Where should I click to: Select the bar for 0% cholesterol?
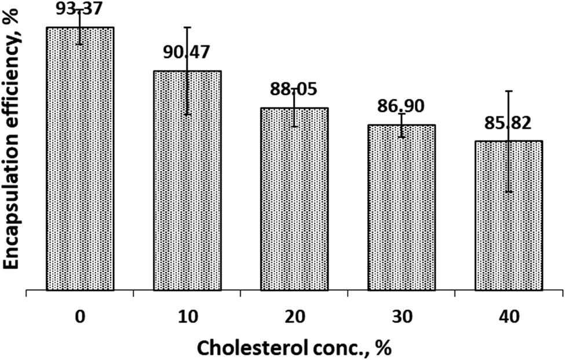click(79, 162)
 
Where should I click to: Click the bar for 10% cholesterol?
click(187, 186)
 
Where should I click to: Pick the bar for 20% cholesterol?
click(294, 203)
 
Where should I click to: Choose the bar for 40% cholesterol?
click(509, 220)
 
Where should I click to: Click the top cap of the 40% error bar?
click(509, 91)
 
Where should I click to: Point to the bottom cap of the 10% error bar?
click(187, 115)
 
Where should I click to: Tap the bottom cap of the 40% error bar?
click(509, 192)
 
